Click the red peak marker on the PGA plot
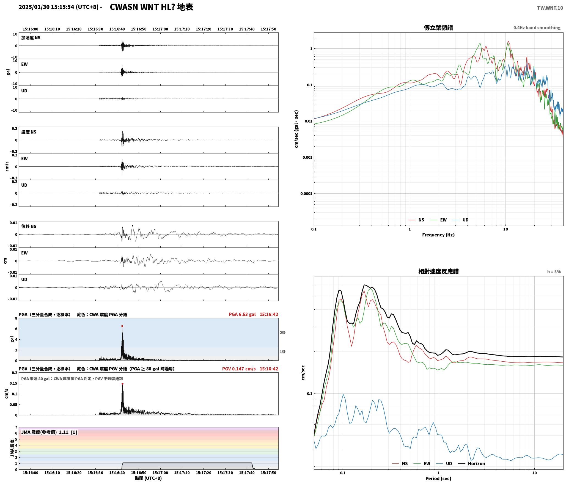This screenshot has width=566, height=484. (x=122, y=326)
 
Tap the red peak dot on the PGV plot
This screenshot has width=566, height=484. (x=122, y=384)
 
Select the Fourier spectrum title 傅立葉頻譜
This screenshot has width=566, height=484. (x=438, y=28)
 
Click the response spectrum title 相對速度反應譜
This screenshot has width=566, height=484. (x=438, y=271)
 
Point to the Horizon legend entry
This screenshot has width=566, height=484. (x=471, y=464)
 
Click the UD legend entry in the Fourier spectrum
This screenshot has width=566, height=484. (x=460, y=220)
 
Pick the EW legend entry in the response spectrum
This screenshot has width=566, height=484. (x=422, y=464)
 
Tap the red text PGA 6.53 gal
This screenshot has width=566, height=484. (x=242, y=314)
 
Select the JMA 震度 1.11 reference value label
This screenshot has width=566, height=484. (x=49, y=432)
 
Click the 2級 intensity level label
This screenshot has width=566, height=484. (x=282, y=333)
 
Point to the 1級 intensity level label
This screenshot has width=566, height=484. (x=282, y=352)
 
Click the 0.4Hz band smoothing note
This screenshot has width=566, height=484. (x=537, y=28)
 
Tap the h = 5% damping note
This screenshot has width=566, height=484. (x=554, y=272)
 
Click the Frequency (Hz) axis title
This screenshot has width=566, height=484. (x=438, y=235)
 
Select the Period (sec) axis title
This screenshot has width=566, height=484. (x=438, y=479)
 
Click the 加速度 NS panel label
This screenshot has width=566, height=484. (x=31, y=38)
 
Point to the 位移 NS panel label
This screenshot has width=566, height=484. (x=29, y=226)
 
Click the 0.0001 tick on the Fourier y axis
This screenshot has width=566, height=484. (x=306, y=194)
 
